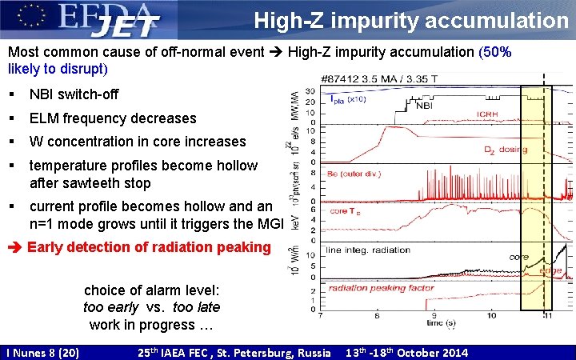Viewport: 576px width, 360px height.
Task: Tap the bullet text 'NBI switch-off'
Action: [74, 94]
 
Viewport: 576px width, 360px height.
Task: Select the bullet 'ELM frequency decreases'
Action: [113, 118]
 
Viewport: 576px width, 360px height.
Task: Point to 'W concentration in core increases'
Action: [138, 142]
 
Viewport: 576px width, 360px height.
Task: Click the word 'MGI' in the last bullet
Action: [269, 223]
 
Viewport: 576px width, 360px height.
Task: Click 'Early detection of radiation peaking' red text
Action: [149, 247]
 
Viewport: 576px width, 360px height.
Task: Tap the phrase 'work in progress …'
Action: [153, 324]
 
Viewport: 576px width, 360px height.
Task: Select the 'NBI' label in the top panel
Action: [426, 103]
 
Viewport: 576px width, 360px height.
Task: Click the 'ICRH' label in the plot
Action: [487, 114]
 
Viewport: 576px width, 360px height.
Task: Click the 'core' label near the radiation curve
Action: [518, 258]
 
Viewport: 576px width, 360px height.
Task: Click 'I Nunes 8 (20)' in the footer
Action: [42, 352]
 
